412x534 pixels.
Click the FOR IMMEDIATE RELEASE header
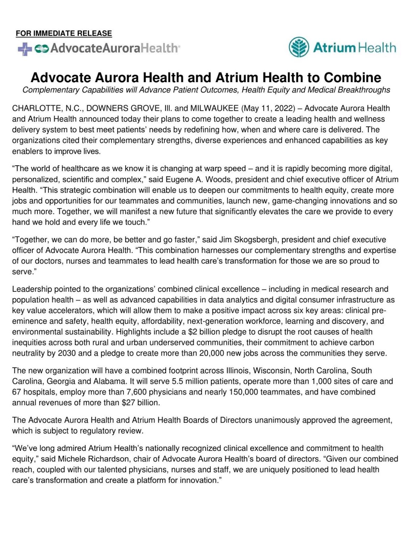click(x=64, y=33)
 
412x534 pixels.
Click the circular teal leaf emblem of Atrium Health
click(x=299, y=47)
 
